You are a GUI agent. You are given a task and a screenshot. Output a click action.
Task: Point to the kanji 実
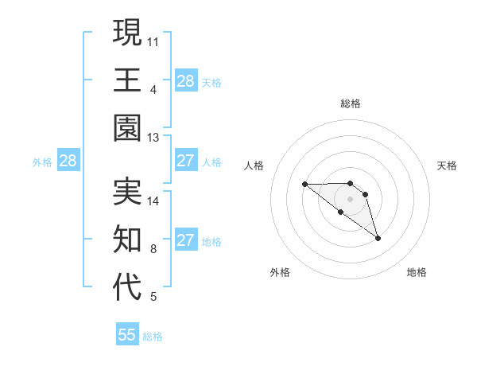127,191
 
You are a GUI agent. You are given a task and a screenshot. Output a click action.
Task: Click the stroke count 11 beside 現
154,41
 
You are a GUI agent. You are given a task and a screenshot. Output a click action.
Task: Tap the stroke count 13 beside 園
154,138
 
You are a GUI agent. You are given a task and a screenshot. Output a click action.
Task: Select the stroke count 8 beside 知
153,249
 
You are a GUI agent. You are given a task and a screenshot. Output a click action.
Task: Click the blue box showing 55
127,335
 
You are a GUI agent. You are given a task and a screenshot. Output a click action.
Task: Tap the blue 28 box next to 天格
185,81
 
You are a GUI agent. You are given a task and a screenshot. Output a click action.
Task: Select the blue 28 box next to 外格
68,162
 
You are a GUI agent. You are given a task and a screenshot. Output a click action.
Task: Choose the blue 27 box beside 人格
185,162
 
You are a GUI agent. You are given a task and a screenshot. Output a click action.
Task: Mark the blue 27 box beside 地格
185,241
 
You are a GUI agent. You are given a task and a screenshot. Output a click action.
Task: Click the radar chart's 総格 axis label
350,103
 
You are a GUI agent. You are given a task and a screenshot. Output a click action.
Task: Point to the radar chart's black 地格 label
417,273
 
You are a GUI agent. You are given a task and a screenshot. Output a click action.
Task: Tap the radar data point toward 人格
304,185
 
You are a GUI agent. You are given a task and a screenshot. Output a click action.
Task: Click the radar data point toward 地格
378,238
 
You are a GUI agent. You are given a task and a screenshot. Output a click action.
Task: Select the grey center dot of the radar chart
350,198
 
